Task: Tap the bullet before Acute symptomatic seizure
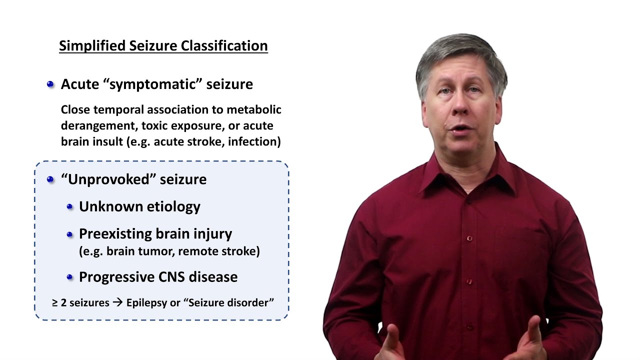(50, 84)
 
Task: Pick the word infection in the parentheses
(257, 141)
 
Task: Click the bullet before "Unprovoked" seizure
(50, 179)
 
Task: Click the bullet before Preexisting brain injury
(70, 234)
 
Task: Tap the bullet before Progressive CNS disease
(70, 277)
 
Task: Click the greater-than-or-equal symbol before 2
(55, 303)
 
